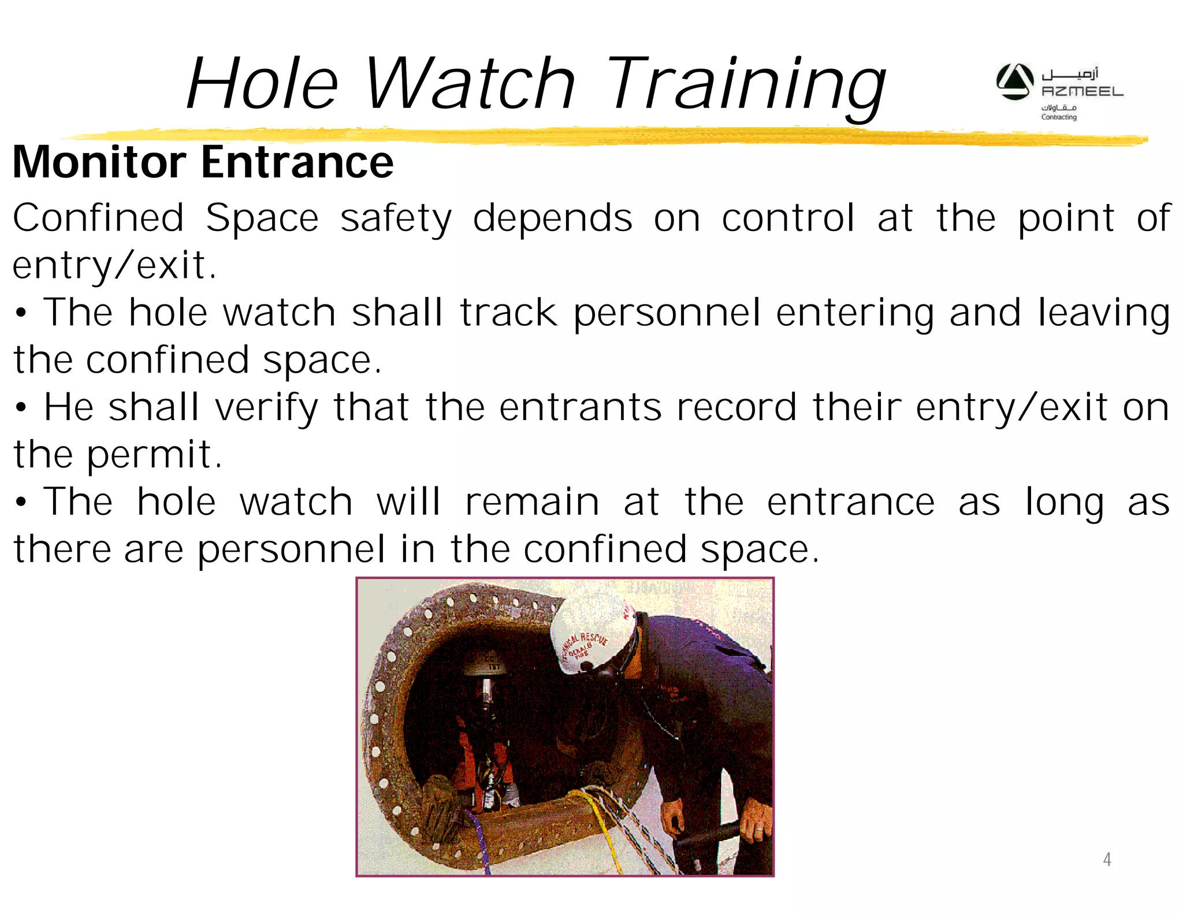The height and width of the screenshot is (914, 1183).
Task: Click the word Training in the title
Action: point(745,84)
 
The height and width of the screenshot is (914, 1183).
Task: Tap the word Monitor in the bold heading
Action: point(99,162)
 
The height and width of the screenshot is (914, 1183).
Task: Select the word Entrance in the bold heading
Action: point(297,162)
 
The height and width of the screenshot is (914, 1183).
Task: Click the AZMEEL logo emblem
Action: point(1014,82)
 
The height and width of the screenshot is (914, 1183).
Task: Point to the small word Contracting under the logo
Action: point(1058,117)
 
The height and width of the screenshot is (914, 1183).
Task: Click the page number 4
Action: point(1106,860)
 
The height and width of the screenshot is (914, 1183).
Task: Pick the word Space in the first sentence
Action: point(262,218)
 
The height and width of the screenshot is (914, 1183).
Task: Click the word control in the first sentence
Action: point(787,218)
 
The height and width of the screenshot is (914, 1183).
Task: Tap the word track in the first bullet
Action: point(508,313)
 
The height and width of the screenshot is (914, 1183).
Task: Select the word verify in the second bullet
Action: point(266,408)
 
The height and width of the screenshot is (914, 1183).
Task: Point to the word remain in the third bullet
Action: point(532,501)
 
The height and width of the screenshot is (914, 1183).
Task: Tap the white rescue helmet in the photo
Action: point(592,636)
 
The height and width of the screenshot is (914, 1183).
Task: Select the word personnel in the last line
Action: point(291,549)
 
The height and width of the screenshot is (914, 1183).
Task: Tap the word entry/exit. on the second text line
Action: point(114,266)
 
